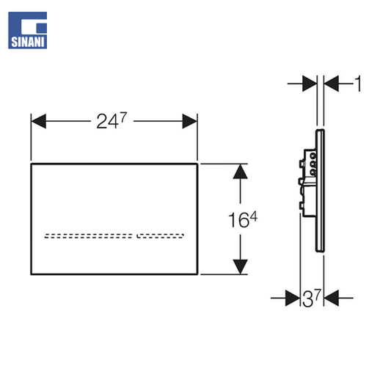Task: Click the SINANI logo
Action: (27, 30)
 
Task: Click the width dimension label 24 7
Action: (112, 121)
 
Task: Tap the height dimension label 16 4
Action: (243, 219)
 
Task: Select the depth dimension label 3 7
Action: (312, 298)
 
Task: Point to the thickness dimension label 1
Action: (357, 84)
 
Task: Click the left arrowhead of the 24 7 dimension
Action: (39, 121)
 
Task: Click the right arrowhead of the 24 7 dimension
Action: (190, 121)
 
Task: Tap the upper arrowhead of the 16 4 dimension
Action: (240, 172)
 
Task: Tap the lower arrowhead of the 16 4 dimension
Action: (240, 267)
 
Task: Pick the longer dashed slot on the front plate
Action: (89, 235)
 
